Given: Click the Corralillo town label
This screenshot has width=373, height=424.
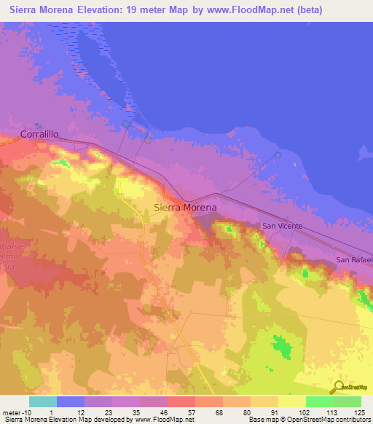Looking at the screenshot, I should [40, 135].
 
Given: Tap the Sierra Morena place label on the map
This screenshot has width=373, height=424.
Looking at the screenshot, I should [186, 208].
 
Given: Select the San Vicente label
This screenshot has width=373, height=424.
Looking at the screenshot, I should [282, 227].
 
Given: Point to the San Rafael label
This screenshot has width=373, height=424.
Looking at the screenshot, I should [354, 259].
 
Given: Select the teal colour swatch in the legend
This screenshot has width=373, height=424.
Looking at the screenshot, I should [43, 401].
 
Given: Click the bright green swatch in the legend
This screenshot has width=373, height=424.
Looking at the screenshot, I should [320, 401].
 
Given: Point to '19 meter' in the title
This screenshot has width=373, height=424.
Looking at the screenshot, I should [133, 10].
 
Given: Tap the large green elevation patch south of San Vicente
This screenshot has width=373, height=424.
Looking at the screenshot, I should [280, 347].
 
